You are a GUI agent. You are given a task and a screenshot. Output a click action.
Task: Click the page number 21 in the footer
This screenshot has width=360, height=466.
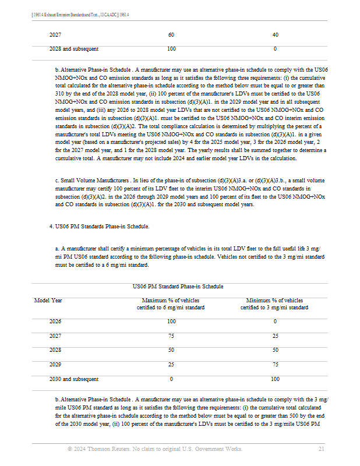coord(321,449)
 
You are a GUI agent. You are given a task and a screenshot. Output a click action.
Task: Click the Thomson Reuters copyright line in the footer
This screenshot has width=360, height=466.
coord(154,449)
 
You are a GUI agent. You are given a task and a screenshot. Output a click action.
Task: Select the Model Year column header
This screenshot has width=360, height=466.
coord(48,301)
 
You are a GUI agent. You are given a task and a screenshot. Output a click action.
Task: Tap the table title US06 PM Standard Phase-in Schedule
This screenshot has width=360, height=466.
coord(178,287)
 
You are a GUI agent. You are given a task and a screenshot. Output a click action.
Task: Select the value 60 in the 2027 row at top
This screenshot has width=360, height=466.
coord(171,35)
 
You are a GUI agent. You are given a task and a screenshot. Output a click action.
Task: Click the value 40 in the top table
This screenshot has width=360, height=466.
coord(275,35)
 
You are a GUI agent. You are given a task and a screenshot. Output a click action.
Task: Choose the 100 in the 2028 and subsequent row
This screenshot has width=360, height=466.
coord(171,49)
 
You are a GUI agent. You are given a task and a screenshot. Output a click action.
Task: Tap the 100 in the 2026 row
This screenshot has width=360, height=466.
coord(171,322)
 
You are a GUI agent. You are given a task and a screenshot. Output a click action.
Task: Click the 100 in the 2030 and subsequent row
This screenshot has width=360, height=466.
coord(275,379)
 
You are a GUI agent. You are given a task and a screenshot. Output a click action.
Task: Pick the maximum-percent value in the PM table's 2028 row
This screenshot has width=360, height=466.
coord(171,350)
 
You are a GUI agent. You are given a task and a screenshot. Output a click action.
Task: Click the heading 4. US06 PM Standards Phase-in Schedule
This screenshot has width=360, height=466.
coord(100,225)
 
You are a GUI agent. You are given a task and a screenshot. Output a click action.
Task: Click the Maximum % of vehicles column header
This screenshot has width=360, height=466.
coord(171,304)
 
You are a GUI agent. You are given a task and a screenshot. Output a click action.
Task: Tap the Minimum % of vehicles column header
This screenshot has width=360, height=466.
coord(274,304)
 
